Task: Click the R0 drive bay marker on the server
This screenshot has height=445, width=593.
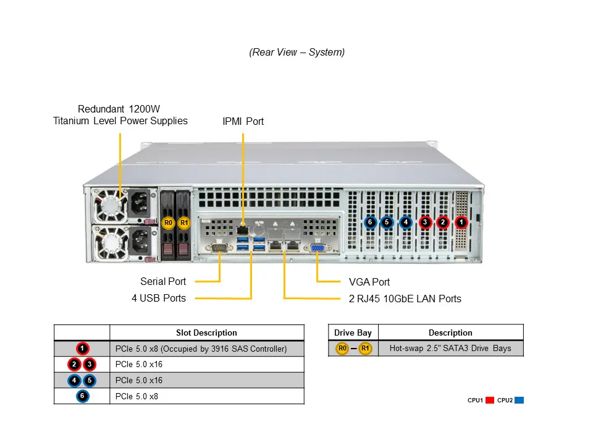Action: point(168,222)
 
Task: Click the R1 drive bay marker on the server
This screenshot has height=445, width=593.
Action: point(183,222)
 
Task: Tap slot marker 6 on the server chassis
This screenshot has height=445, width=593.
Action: point(370,222)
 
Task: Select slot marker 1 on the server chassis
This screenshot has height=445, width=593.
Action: point(461,222)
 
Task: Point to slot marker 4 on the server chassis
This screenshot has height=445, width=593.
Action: point(406,222)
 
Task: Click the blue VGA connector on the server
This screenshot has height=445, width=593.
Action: point(317,248)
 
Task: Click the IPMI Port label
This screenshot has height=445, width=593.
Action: point(243,121)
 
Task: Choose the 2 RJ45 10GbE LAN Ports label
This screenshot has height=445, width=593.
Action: point(405,299)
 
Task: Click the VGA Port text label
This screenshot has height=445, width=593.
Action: point(369,282)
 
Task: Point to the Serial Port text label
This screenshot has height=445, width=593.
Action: point(163,282)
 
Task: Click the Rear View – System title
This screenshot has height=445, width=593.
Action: point(296,52)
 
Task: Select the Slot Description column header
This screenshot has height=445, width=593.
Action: point(206,333)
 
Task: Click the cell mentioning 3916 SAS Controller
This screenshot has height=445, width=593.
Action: point(201,349)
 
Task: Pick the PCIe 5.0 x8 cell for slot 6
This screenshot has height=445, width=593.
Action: point(137,396)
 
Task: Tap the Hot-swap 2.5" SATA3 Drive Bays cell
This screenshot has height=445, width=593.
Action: point(450,348)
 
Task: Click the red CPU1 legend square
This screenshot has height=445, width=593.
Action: point(490,400)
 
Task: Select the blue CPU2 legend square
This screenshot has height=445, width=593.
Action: point(519,400)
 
